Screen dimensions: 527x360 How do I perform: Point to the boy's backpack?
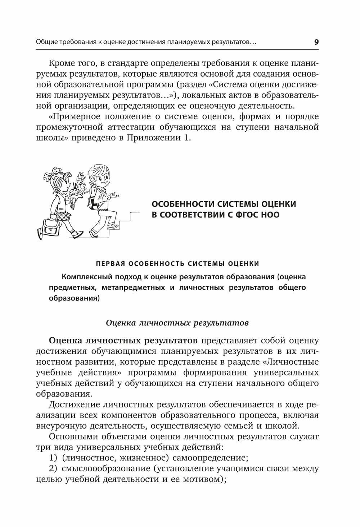[x=93, y=199]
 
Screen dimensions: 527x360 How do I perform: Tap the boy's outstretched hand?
[x=114, y=195]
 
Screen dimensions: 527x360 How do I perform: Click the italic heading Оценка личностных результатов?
[x=177, y=323]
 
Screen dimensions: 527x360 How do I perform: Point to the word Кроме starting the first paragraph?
[x=61, y=64]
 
